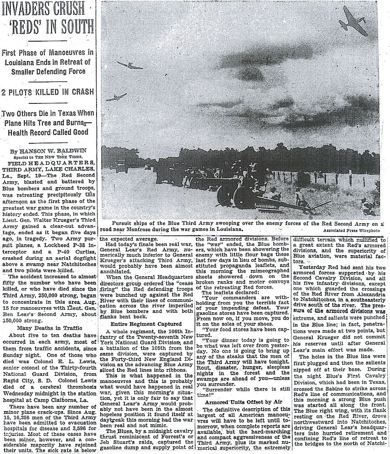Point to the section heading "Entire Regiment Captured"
pyautogui.click(x=146, y=324)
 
